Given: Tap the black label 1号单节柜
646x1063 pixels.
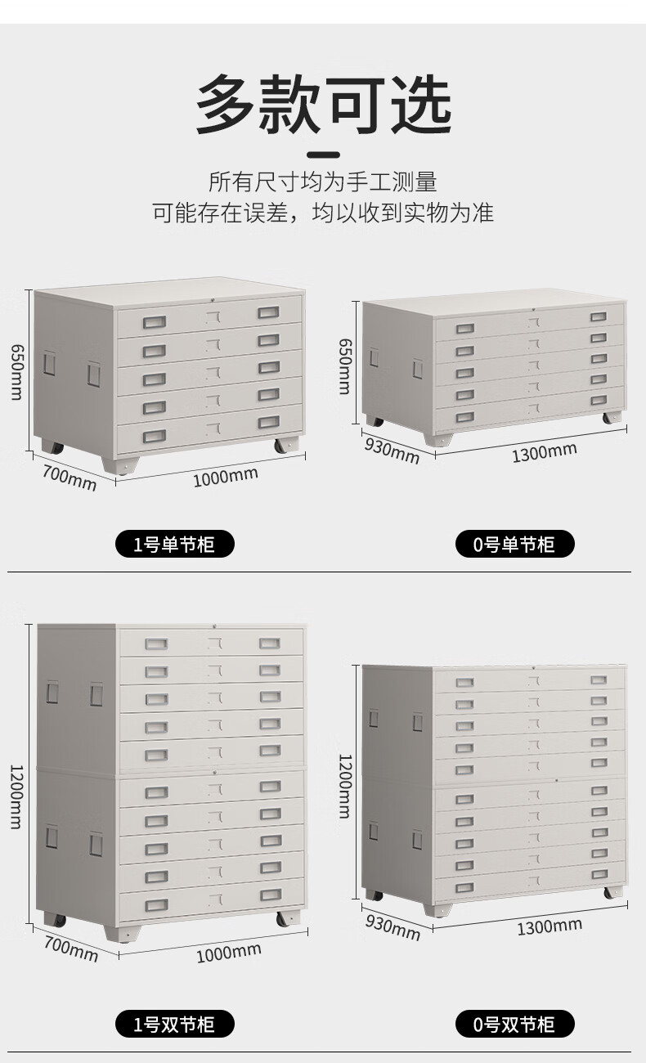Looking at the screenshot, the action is (173, 544).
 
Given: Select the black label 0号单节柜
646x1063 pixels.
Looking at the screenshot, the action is (514, 544).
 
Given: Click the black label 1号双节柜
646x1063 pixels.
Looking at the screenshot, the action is (173, 1024).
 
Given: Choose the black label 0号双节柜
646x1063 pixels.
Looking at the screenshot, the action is (514, 1024).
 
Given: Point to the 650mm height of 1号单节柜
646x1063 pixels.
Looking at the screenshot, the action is (17, 372).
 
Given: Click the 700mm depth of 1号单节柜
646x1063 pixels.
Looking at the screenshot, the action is (70, 479).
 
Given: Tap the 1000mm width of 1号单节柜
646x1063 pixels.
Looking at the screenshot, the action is (225, 476).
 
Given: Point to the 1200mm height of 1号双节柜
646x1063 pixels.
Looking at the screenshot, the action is (16, 796).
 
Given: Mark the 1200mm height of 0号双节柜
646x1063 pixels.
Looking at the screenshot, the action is (346, 785).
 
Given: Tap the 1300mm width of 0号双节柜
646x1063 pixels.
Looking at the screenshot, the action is (549, 926).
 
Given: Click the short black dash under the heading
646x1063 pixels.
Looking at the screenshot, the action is (323, 154).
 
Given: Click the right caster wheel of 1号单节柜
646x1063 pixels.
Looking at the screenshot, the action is (288, 446).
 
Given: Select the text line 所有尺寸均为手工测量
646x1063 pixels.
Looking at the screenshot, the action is (323, 182).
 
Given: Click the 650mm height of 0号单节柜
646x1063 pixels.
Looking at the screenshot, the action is (346, 366).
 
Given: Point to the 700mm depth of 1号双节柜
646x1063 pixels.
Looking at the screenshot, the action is (72, 949).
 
